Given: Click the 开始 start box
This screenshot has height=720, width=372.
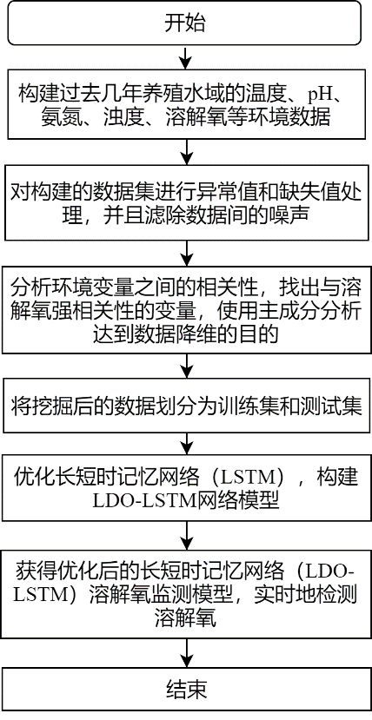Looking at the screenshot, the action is click(186, 23).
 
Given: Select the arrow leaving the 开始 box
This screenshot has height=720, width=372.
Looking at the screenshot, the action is click(186, 57).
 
